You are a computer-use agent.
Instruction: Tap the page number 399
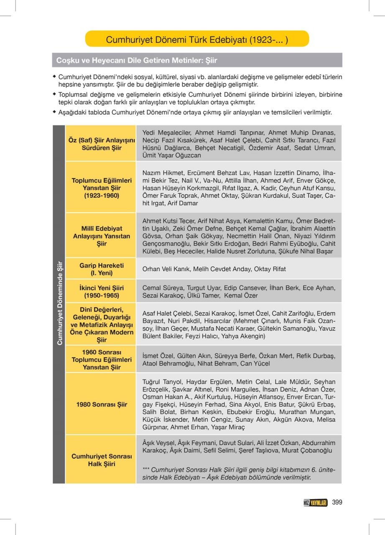tap(337, 502)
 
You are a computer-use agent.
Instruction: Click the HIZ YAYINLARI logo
tap(315, 503)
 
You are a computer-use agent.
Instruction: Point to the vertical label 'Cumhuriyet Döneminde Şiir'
tap(59, 303)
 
